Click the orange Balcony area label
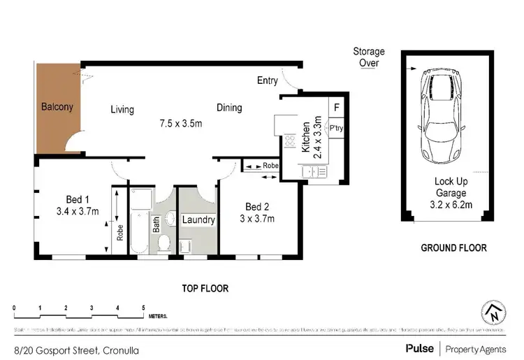(x=57, y=108)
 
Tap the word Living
(x=122, y=110)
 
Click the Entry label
(x=267, y=81)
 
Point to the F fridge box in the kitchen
(x=336, y=108)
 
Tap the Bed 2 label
(x=257, y=207)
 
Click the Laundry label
(x=198, y=220)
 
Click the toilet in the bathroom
(x=163, y=243)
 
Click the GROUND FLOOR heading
(x=453, y=247)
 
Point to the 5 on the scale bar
(x=143, y=308)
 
